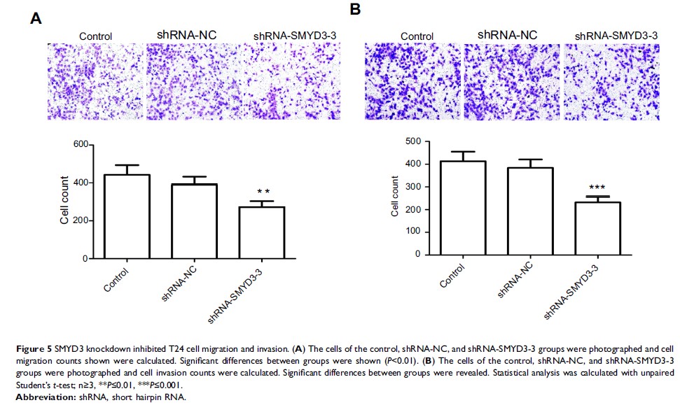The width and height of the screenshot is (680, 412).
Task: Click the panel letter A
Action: click(x=36, y=19)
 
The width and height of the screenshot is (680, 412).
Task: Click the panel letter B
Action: click(x=355, y=9)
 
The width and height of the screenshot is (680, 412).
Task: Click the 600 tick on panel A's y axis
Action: click(x=84, y=145)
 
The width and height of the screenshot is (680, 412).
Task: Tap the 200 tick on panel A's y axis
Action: click(x=84, y=221)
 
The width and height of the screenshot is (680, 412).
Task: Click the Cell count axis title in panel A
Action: click(x=64, y=203)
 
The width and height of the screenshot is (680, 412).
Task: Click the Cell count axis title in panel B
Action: click(x=396, y=198)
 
